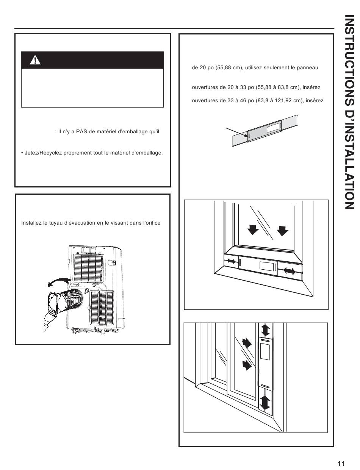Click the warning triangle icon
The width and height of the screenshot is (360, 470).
[x=35, y=61]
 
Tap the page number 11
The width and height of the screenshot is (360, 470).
[x=341, y=463]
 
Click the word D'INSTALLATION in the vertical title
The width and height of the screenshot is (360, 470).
[x=349, y=156]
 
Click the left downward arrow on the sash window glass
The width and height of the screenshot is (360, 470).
[x=253, y=230]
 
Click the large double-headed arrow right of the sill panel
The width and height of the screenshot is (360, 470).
[x=289, y=271]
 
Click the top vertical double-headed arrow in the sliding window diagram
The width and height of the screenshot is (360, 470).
[x=265, y=329]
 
